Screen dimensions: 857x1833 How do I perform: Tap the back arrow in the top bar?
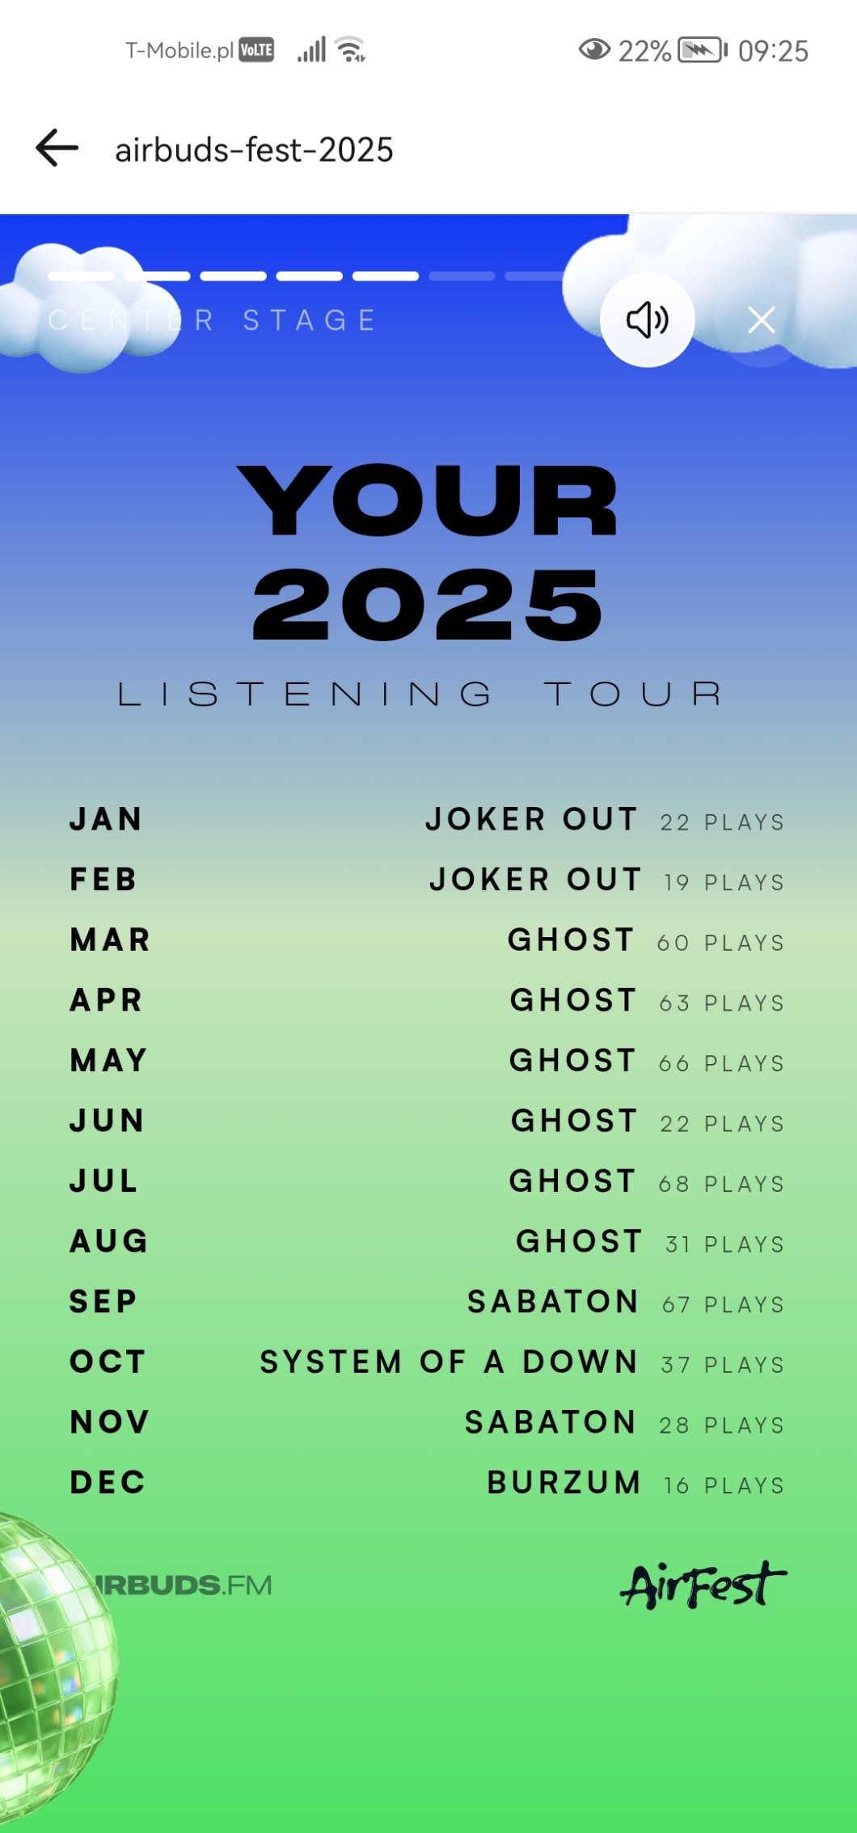[57, 148]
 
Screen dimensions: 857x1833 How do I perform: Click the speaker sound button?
[647, 320]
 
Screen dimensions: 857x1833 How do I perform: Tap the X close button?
[762, 320]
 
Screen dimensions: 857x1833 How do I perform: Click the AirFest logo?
[703, 1584]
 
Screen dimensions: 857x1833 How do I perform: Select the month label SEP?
[103, 1302]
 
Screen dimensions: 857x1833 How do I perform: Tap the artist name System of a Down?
[449, 1362]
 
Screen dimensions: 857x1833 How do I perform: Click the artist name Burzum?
[564, 1482]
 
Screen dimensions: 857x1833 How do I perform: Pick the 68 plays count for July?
[721, 1184]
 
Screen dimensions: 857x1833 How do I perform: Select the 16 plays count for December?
[724, 1485]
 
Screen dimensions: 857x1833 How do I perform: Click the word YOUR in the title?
[428, 500]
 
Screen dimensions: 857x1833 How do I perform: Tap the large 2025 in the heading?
[428, 603]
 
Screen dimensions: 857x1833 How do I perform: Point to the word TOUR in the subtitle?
[633, 694]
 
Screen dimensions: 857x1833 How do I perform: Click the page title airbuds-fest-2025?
[254, 150]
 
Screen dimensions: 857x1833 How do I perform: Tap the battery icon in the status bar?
[702, 50]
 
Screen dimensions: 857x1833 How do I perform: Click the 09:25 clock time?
[773, 51]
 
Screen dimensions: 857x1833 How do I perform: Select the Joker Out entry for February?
[536, 879]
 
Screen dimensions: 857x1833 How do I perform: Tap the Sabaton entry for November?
[551, 1422]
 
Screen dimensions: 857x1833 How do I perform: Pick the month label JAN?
[106, 819]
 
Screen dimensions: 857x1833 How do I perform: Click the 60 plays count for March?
[720, 943]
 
